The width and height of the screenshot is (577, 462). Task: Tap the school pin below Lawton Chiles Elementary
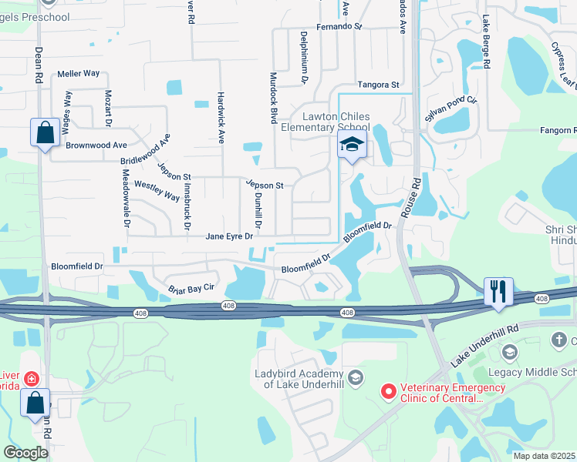(x=352, y=146)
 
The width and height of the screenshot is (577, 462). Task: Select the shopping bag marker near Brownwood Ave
(x=46, y=132)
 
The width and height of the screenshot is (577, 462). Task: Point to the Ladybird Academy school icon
(x=355, y=377)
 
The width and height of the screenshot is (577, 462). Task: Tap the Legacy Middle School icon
(x=508, y=353)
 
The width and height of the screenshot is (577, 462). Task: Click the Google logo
(x=26, y=453)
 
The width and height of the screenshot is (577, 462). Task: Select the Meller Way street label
(x=79, y=74)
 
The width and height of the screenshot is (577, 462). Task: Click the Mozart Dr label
(x=108, y=109)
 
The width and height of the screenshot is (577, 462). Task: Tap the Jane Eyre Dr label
(x=229, y=236)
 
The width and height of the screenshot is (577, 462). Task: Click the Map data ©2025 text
(x=544, y=456)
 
